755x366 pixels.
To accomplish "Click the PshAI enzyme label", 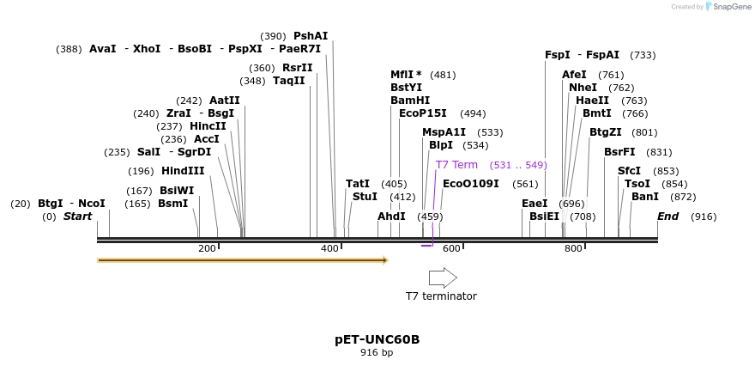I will (311, 36).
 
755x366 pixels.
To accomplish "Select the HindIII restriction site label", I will (183, 171).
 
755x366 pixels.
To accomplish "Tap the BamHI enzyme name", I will (410, 101).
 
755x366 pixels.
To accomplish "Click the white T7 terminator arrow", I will (443, 278).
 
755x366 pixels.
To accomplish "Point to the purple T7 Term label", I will (456, 165).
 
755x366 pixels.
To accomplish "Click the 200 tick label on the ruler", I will (207, 249).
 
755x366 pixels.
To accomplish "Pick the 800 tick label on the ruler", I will (573, 249).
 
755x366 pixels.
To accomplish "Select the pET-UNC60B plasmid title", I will (377, 339).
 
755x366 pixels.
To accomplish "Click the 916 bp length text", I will (377, 352).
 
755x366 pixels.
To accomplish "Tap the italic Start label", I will (77, 217).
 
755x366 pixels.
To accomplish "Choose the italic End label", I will (668, 217).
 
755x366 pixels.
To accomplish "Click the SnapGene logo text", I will (728, 7).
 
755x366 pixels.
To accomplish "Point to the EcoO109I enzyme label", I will (470, 184).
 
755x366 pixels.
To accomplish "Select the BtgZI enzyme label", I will (606, 132).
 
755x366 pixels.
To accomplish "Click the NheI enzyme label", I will (583, 88).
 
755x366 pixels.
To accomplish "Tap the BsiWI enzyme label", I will (177, 191).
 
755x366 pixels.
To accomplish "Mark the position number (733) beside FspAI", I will (643, 55).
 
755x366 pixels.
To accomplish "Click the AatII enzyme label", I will (225, 101).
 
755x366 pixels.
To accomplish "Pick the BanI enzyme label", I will (645, 197).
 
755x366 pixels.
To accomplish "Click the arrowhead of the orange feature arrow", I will (384, 259).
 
